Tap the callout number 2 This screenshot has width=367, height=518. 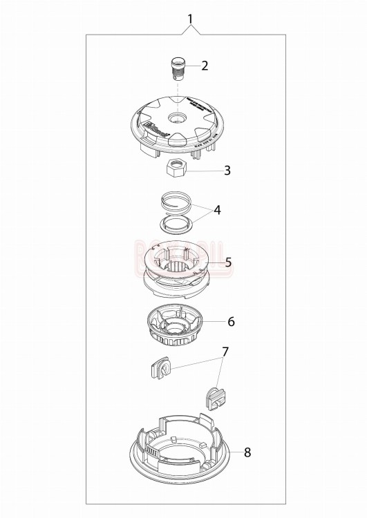[x=205, y=66]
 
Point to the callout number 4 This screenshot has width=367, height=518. [x=217, y=209]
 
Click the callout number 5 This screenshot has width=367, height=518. [x=228, y=262]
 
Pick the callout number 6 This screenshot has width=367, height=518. [x=231, y=322]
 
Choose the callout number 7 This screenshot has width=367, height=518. [x=225, y=352]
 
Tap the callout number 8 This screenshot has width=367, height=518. [x=247, y=452]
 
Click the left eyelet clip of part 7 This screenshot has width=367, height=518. [x=160, y=367]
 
